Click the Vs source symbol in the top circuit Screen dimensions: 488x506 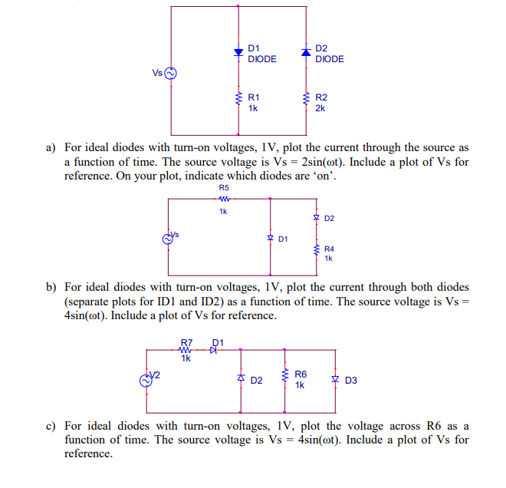(x=170, y=74)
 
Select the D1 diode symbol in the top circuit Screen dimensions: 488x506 (x=238, y=53)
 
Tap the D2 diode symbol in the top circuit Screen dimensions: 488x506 (x=306, y=52)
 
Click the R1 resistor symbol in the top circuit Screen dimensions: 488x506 (x=238, y=99)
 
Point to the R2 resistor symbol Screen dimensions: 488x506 (x=306, y=99)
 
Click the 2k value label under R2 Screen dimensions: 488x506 (x=320, y=109)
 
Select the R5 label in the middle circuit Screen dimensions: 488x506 (x=223, y=188)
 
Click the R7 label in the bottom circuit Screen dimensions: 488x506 (x=186, y=342)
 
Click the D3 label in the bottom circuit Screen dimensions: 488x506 (x=351, y=381)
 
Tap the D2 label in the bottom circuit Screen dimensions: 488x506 (x=257, y=381)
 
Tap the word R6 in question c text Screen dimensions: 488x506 (x=432, y=426)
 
